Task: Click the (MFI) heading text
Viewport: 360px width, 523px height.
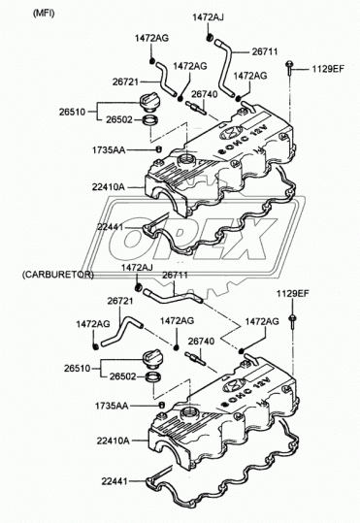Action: [44, 14]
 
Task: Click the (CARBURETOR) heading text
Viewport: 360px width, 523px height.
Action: [57, 275]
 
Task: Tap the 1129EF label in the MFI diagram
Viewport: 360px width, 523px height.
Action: [328, 69]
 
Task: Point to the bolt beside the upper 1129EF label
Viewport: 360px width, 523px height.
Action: [289, 68]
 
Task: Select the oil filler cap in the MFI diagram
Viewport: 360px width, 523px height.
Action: [147, 100]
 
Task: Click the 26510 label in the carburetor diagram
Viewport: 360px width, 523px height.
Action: [77, 369]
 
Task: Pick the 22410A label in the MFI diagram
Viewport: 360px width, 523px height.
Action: [108, 187]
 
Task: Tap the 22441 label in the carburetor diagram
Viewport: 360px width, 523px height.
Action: [115, 481]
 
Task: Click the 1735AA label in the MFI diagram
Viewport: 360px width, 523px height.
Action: [109, 150]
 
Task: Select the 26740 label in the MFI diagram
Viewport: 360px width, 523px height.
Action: [204, 94]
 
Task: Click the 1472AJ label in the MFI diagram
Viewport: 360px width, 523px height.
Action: [208, 17]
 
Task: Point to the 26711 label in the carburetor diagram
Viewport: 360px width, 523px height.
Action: [176, 276]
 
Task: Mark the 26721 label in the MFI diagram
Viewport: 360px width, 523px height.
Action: [125, 82]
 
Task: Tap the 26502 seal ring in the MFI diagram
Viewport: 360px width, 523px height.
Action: [149, 120]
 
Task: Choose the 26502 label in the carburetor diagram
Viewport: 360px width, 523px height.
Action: [123, 376]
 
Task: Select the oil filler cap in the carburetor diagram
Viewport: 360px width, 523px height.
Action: [151, 358]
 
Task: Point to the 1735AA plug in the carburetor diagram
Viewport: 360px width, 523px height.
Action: [161, 405]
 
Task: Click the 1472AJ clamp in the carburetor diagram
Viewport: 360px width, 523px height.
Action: [139, 287]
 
